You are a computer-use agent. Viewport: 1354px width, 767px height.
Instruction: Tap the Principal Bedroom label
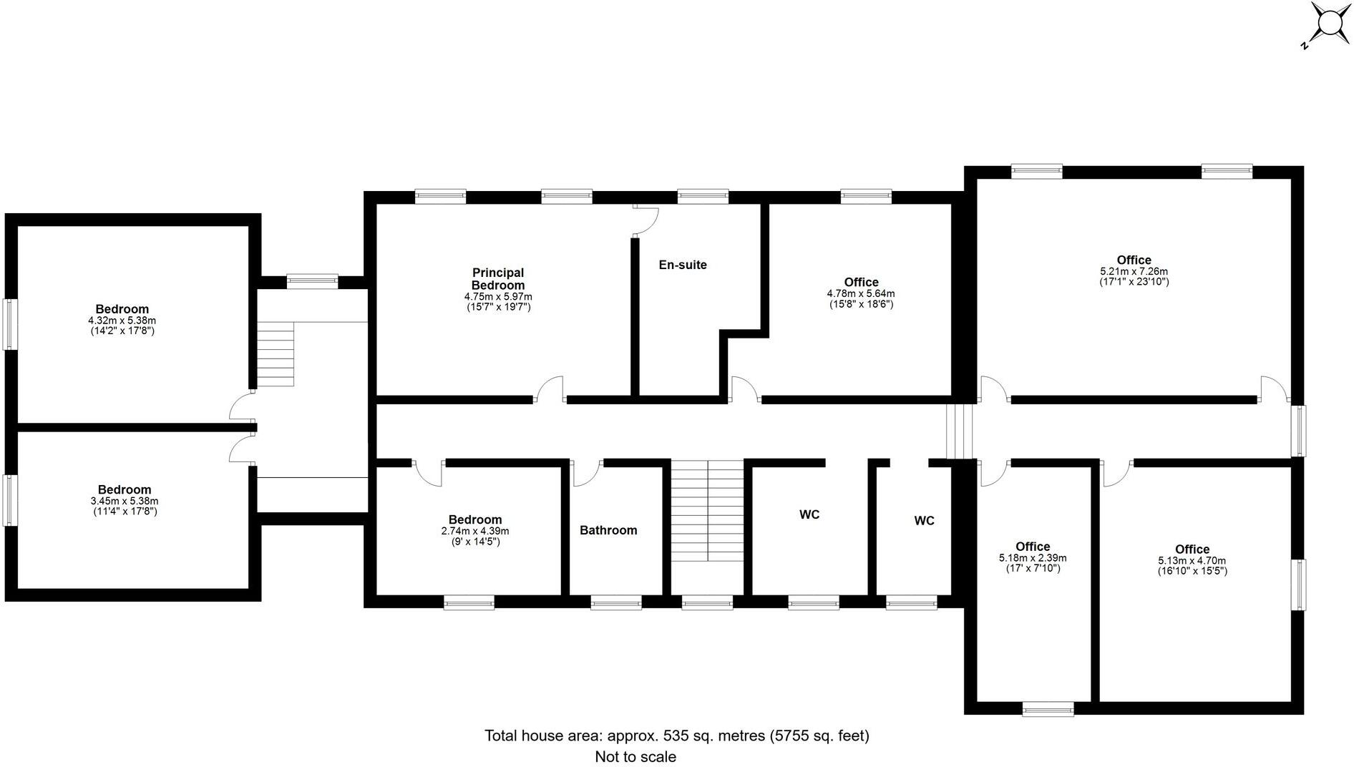498,279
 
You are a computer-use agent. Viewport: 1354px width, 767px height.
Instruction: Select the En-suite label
683,265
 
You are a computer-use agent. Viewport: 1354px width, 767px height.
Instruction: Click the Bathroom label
608,530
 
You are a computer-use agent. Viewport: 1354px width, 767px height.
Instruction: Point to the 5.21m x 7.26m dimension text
1134,272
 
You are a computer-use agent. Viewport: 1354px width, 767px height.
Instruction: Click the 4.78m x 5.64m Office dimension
860,293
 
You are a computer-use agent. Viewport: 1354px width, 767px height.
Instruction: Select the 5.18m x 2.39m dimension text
1032,558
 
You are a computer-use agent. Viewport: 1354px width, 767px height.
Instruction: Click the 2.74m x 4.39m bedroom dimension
475,532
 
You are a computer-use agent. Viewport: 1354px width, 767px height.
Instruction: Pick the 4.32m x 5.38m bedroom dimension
122,321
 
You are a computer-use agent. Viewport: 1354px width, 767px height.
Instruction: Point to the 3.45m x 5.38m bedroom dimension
125,501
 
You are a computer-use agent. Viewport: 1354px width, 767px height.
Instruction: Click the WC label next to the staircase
809,514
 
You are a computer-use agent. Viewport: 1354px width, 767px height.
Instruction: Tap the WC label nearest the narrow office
924,521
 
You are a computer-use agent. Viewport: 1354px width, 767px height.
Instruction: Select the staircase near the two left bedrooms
276,354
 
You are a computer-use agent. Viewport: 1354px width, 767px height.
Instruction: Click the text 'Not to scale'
635,756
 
